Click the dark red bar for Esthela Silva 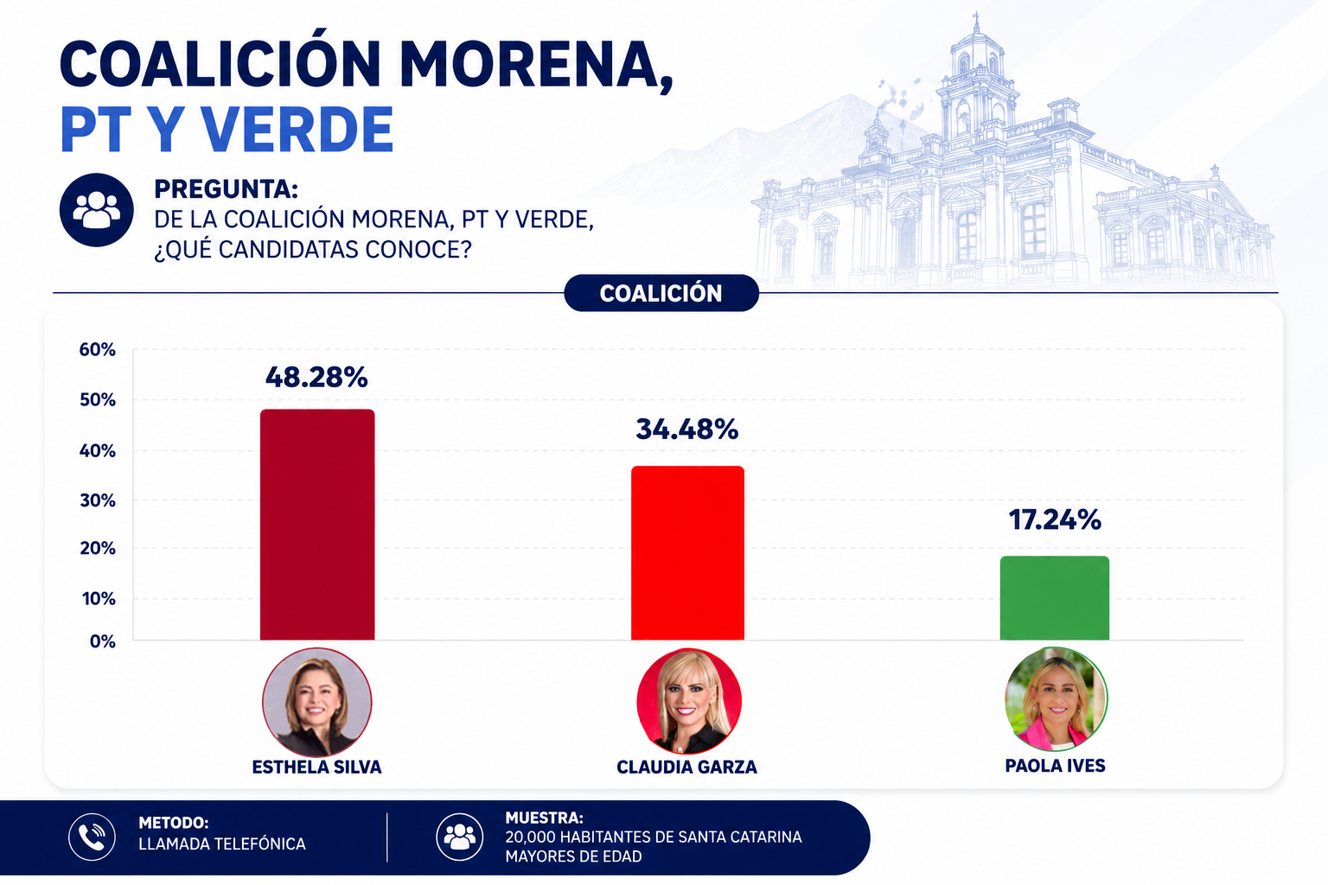(317, 525)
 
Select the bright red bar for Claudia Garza (687, 553)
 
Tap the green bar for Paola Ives (1054, 598)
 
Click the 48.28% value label (316, 377)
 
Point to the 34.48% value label (687, 430)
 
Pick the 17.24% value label (1055, 520)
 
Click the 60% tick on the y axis (97, 350)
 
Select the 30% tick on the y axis (97, 501)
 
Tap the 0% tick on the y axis (103, 641)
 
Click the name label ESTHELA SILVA (316, 767)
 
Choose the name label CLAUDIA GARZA (686, 767)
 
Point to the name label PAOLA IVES (1055, 766)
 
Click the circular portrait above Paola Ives (1056, 699)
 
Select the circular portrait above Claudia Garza (688, 701)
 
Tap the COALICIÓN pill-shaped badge (661, 293)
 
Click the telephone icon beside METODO (92, 837)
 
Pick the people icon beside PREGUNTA (96, 210)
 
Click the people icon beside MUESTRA (459, 837)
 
